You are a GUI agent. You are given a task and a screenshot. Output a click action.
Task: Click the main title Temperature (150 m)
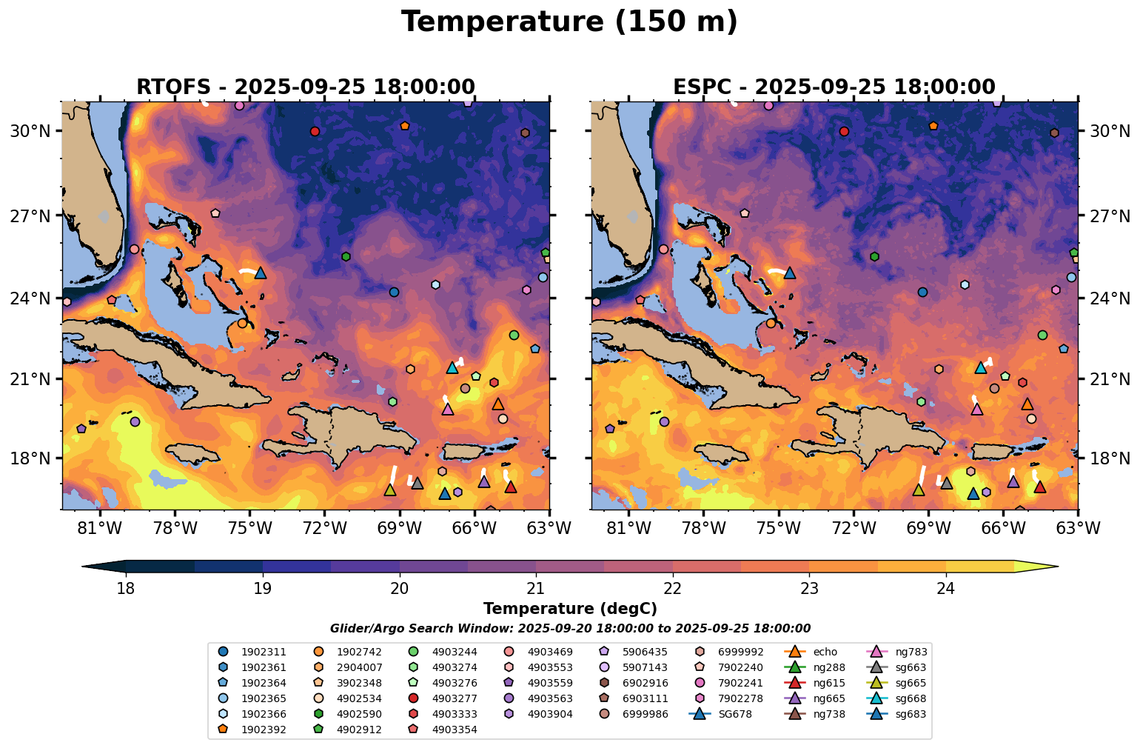click(569, 22)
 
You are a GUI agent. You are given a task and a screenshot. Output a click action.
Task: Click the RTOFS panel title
click(305, 87)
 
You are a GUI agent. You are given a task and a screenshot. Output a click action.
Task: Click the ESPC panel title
click(834, 87)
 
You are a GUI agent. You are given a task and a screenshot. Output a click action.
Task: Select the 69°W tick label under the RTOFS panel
click(399, 529)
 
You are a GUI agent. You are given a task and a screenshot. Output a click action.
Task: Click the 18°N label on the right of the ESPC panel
click(1108, 458)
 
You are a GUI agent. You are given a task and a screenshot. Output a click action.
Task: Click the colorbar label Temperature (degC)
click(570, 609)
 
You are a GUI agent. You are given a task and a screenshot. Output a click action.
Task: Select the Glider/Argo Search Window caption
click(570, 629)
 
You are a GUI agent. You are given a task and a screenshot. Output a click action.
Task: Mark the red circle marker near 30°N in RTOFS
click(315, 131)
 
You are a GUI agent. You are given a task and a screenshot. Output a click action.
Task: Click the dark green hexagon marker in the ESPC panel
click(874, 256)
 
